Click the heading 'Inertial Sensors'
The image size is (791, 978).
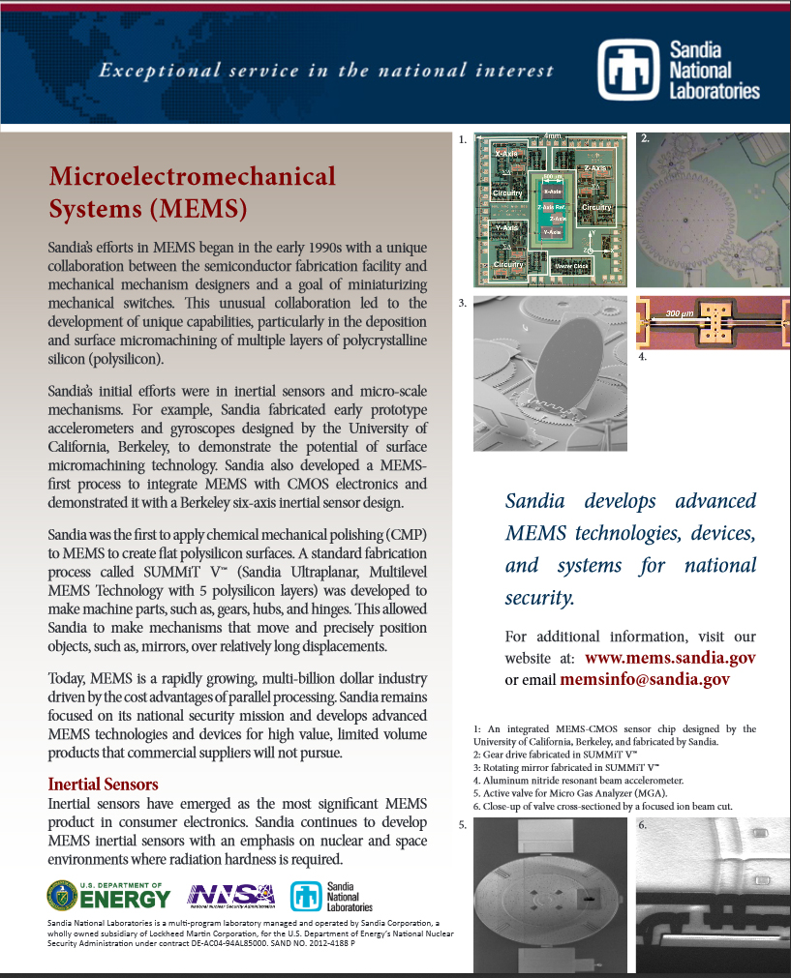coord(103,784)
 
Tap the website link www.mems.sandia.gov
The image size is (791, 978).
coord(670,658)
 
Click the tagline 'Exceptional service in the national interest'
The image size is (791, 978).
coord(327,70)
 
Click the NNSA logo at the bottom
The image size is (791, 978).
coord(230,897)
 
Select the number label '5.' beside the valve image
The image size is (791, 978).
coord(463,825)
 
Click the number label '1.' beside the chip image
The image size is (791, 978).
coord(463,140)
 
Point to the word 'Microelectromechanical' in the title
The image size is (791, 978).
coord(193,176)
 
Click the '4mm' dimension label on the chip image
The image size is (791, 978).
coord(554,136)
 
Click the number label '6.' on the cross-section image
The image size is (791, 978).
coord(644,825)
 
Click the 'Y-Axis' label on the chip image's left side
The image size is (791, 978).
coord(505,227)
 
